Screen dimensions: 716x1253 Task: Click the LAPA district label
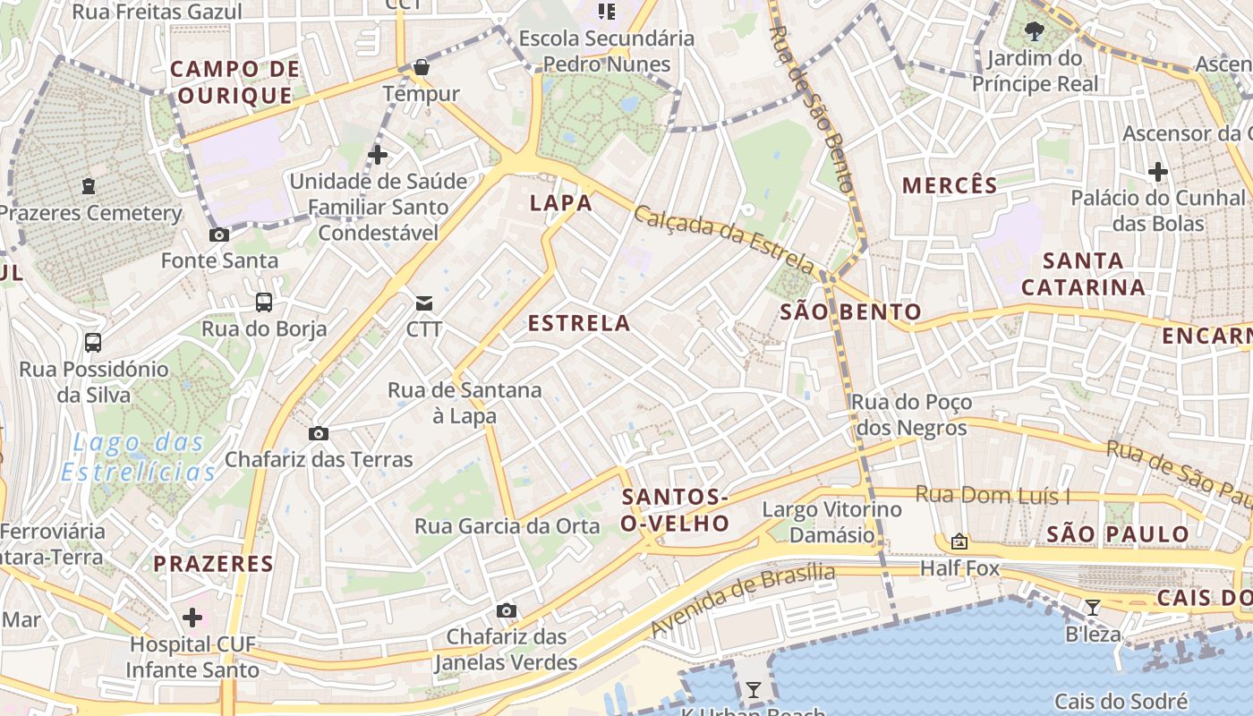click(561, 203)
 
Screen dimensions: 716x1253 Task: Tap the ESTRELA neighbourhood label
click(579, 323)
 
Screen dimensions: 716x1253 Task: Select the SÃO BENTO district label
click(850, 312)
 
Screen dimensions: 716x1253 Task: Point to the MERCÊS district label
click(950, 186)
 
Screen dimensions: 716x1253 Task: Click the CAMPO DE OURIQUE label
click(234, 82)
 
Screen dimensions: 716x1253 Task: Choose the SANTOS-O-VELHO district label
click(676, 510)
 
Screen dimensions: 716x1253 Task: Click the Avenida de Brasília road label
click(742, 599)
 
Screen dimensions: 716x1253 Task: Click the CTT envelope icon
click(424, 303)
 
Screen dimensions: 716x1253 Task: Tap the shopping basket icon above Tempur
click(421, 67)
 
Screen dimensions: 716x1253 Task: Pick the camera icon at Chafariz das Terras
click(318, 434)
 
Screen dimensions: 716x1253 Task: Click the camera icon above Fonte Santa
click(218, 235)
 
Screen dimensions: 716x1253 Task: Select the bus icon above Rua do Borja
click(263, 303)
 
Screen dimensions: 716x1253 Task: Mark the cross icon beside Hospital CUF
click(192, 618)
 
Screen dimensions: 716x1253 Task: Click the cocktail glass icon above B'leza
click(1092, 608)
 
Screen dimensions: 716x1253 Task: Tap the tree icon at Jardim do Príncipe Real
click(1035, 32)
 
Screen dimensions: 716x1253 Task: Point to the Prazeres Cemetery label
click(89, 214)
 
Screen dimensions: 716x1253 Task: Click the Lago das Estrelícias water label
click(143, 456)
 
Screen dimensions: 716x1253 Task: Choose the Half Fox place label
click(959, 568)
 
